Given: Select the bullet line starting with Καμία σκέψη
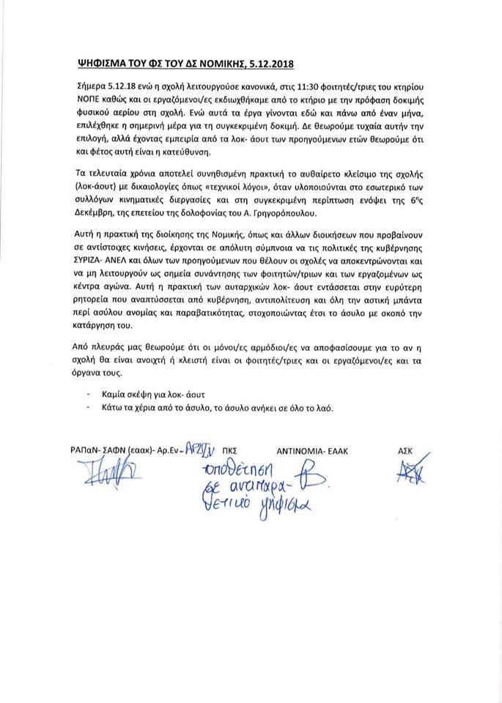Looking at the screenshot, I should click(x=140, y=394).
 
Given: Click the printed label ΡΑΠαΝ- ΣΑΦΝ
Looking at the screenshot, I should click(x=100, y=450).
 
